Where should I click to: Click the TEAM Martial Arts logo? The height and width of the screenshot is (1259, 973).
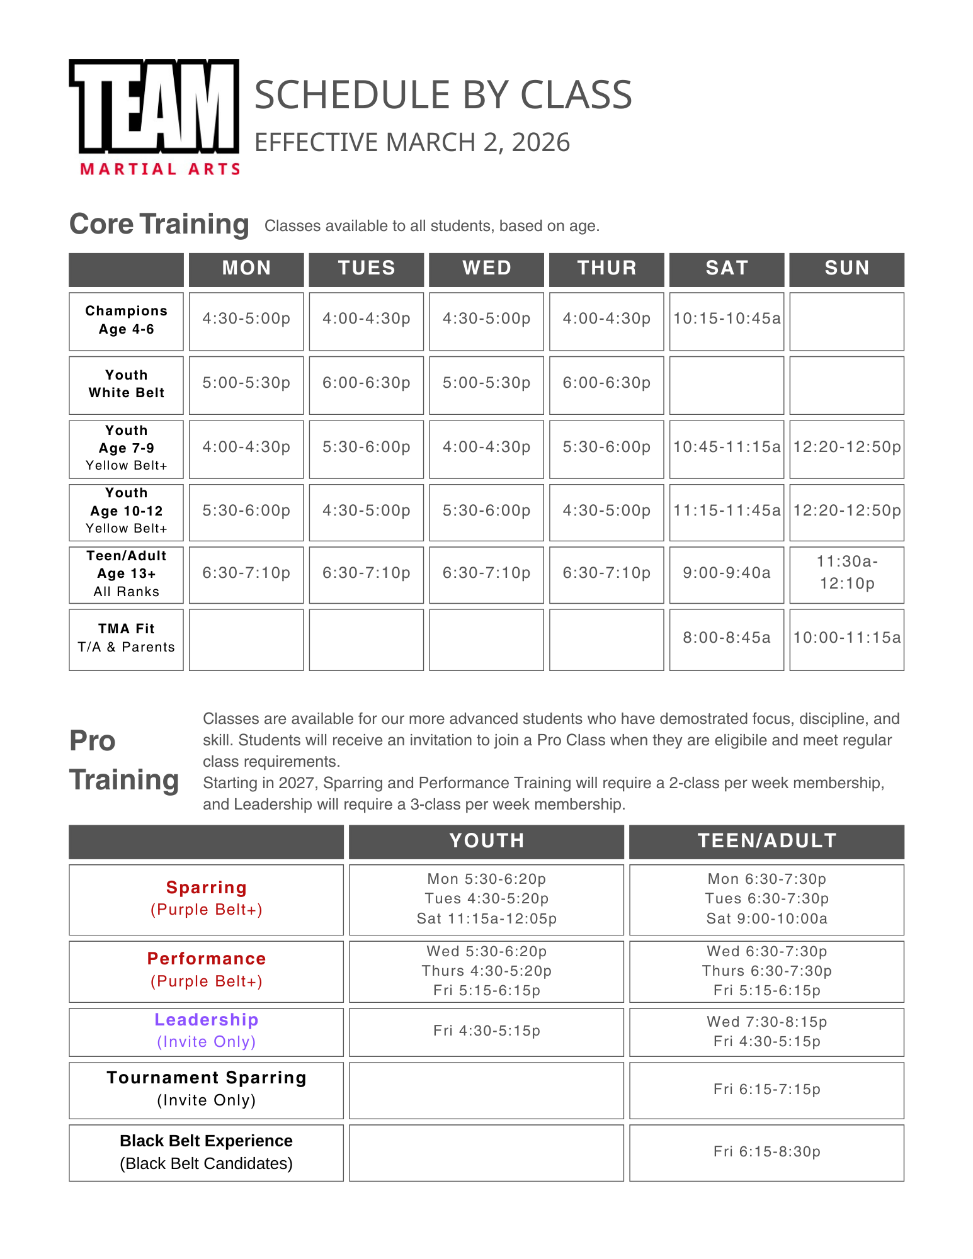pos(155,116)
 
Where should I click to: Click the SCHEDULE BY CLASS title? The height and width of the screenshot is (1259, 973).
pos(443,95)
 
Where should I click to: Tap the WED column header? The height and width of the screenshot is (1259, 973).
pos(486,269)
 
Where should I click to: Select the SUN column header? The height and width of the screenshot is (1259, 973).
pos(846,269)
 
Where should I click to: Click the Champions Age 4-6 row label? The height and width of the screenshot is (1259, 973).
pos(126,320)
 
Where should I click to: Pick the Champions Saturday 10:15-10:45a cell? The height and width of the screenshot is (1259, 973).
pos(726,319)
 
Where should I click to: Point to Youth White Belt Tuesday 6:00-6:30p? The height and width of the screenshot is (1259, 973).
pos(366,383)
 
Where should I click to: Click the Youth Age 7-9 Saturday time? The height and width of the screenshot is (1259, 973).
pos(726,448)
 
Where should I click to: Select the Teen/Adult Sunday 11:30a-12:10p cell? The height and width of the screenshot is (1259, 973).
pos(846,573)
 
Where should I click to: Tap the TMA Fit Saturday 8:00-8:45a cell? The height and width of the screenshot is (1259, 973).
pos(726,638)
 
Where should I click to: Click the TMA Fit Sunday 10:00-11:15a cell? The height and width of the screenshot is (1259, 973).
pos(846,638)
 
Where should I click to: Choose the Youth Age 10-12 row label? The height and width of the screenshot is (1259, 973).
pos(126,511)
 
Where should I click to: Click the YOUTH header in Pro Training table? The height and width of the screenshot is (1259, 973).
pos(486,841)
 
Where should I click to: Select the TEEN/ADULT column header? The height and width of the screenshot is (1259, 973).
pos(766,841)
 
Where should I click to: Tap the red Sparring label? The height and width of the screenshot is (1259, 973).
pos(206,888)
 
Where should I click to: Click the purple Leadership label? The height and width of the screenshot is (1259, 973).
pos(206,1020)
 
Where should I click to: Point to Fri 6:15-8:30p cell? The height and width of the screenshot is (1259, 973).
pos(766,1152)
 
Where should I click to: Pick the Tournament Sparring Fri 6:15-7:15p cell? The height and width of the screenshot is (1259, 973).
pos(766,1090)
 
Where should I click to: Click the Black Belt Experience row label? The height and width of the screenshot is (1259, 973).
pos(206,1152)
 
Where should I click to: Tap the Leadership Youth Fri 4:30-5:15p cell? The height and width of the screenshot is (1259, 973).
pos(486,1031)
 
